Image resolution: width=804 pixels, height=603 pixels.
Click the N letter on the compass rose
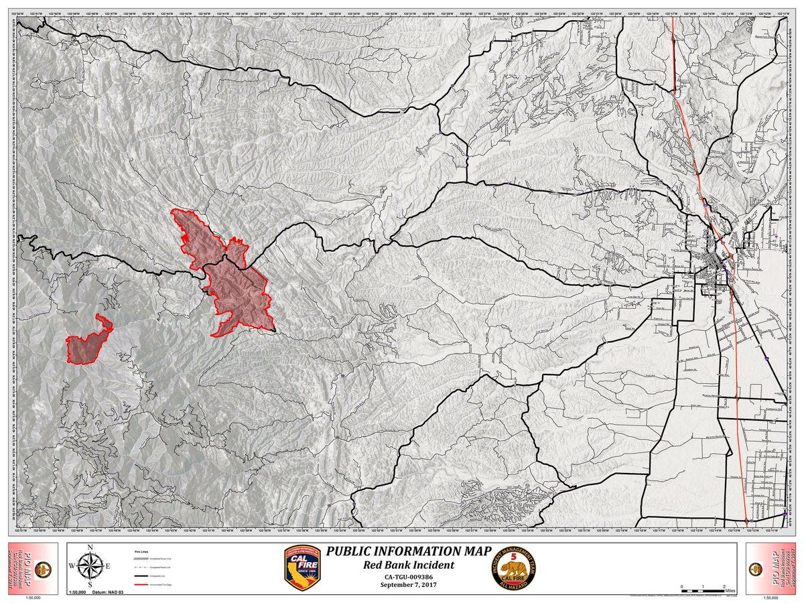pyautogui.click(x=89, y=548)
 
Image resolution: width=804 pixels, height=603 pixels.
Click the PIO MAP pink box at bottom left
pyautogui.click(x=31, y=566)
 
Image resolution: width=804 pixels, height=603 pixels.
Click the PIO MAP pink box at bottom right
pyautogui.click(x=772, y=566)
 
